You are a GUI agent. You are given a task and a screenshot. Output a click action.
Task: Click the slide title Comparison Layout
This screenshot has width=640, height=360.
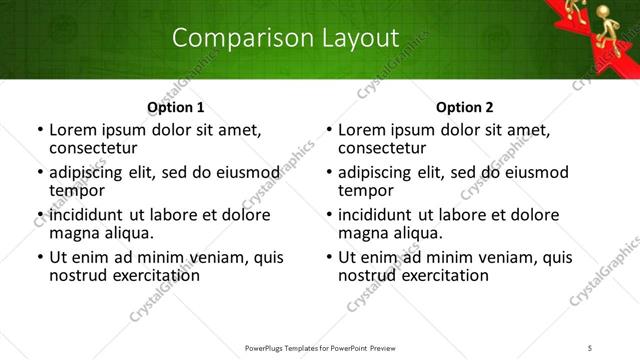tap(285, 38)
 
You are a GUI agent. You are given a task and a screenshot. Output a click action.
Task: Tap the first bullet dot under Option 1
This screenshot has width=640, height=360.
tap(40, 130)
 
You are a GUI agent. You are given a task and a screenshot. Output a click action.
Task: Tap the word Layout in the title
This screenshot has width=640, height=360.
tap(361, 38)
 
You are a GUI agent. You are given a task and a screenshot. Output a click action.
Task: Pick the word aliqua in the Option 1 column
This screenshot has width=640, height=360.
tap(128, 233)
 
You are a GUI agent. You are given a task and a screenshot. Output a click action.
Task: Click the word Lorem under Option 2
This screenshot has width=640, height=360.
tap(361, 130)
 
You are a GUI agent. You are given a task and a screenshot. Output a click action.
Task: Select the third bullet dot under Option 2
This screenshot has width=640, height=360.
tap(329, 215)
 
